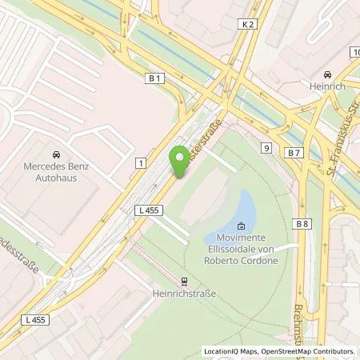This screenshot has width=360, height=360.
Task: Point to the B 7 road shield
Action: (x=295, y=152)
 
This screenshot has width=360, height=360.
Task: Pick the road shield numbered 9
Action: (x=266, y=147)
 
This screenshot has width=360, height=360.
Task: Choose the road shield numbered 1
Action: (x=141, y=163)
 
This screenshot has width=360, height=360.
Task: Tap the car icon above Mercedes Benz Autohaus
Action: (x=56, y=154)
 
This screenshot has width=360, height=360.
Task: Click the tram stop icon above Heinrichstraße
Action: (x=185, y=281)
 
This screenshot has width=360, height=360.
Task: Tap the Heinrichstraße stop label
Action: (x=185, y=294)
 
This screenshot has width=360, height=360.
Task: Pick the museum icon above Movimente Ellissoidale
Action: (x=242, y=226)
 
